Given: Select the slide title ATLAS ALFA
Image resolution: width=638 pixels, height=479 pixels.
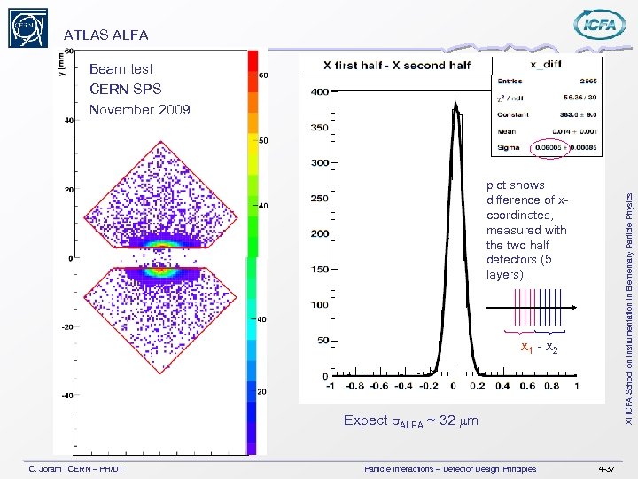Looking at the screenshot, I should [x=105, y=35].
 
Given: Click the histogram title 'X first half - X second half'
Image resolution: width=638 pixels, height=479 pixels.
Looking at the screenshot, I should [x=396, y=65].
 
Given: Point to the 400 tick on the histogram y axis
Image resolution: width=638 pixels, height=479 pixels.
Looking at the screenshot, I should [x=318, y=92].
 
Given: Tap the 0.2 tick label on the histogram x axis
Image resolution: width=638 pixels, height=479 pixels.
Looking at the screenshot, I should [x=478, y=386].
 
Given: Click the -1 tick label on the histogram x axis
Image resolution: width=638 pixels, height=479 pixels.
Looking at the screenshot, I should [x=329, y=386].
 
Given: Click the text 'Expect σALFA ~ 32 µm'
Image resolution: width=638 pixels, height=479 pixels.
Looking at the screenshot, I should [x=410, y=420].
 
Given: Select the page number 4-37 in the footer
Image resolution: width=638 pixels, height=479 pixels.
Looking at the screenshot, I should [x=609, y=467].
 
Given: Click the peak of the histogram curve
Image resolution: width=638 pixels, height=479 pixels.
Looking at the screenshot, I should [x=455, y=105].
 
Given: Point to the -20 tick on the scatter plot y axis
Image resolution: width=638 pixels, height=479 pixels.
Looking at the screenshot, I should [x=66, y=326].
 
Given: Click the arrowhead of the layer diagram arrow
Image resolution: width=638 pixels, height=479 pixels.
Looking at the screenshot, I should [x=575, y=308].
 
